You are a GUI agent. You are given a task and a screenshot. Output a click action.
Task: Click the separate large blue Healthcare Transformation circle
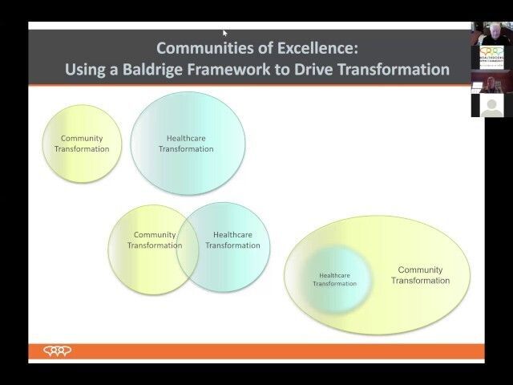pyautogui.click(x=187, y=144)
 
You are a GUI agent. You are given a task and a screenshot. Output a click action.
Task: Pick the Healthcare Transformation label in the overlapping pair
pyautogui.click(x=232, y=240)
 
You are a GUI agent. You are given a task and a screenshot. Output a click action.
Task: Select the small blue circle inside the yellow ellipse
pyautogui.click(x=335, y=278)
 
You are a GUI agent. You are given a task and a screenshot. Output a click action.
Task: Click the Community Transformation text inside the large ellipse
pyautogui.click(x=420, y=275)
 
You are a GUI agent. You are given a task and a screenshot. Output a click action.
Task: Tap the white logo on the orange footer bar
pyautogui.click(x=57, y=351)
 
